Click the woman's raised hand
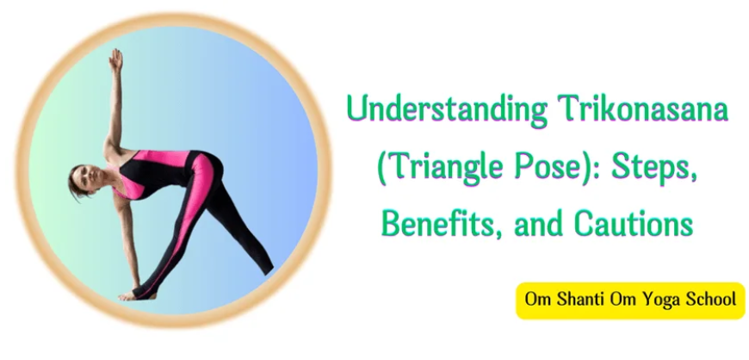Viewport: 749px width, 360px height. point(115,59)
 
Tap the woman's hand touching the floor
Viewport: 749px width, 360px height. point(130,295)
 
